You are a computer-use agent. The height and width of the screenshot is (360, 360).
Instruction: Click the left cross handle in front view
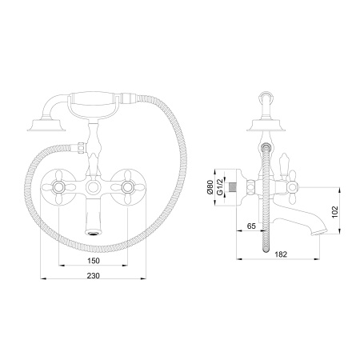(x=60, y=187)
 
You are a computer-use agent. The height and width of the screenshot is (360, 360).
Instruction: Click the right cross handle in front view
(x=127, y=187)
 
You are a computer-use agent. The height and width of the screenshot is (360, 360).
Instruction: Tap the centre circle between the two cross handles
(x=94, y=187)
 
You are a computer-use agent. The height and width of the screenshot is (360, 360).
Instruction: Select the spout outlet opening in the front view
(x=94, y=232)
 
